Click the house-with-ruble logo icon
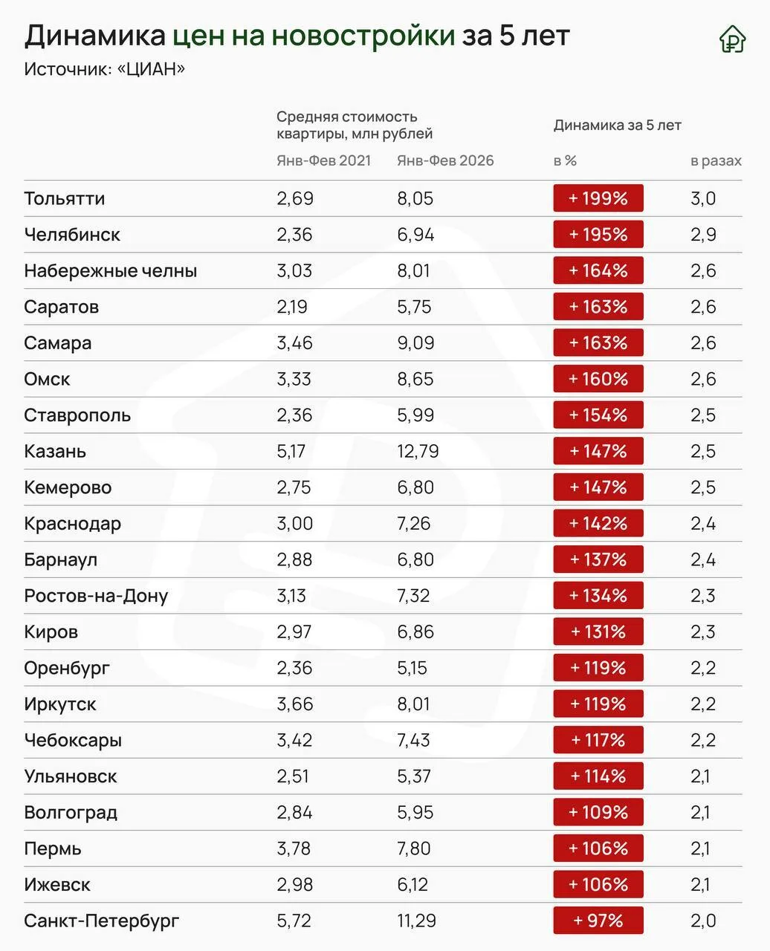pyautogui.click(x=733, y=39)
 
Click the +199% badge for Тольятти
pyautogui.click(x=598, y=198)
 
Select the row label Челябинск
pyautogui.click(x=72, y=235)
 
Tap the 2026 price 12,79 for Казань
pyautogui.click(x=418, y=452)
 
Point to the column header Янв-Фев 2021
pyautogui.click(x=324, y=160)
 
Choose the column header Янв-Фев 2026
pyautogui.click(x=445, y=160)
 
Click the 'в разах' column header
pyautogui.click(x=716, y=160)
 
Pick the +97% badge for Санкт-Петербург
pyautogui.click(x=598, y=921)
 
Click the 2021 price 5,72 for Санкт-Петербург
pyautogui.click(x=294, y=921)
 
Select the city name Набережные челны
pyautogui.click(x=111, y=270)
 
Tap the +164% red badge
pyautogui.click(x=598, y=270)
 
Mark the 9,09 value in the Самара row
pyautogui.click(x=415, y=343)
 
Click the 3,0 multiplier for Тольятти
pyautogui.click(x=703, y=198)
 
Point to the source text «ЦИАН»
pyautogui.click(x=151, y=69)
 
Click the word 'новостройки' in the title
pyautogui.click(x=363, y=36)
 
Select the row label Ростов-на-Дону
pyautogui.click(x=96, y=596)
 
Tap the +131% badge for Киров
pyautogui.click(x=598, y=632)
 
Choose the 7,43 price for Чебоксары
pyautogui.click(x=413, y=740)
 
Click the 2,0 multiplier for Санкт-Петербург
pyautogui.click(x=703, y=921)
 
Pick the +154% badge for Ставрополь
pyautogui.click(x=598, y=415)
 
